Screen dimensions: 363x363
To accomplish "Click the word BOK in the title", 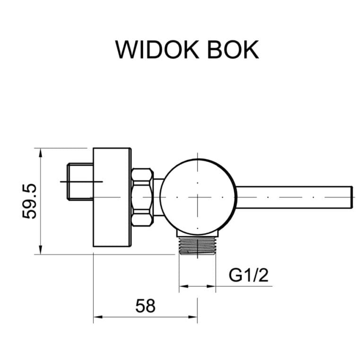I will pyautogui.click(x=233, y=50).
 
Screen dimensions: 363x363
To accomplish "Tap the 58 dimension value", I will pyautogui.click(x=146, y=306).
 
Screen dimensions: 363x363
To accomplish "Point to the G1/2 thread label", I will pyautogui.click(x=249, y=275).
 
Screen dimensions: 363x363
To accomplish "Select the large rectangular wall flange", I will pyautogui.click(x=112, y=197).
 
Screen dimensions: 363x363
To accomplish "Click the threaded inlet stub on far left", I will pyautogui.click(x=80, y=181).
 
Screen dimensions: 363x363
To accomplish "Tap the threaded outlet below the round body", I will pyautogui.click(x=198, y=245).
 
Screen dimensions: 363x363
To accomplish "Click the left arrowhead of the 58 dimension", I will pyautogui.click(x=97, y=317).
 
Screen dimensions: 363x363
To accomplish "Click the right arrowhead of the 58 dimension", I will pyautogui.click(x=194, y=317).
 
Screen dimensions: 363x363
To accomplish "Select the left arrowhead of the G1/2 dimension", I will pyautogui.click(x=182, y=286).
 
